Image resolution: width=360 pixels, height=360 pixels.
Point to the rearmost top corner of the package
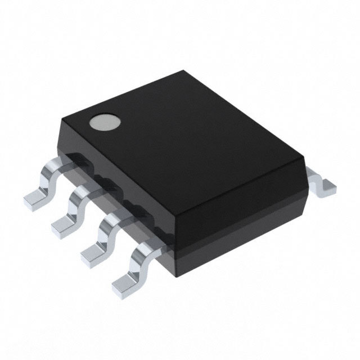coord(185,71)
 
